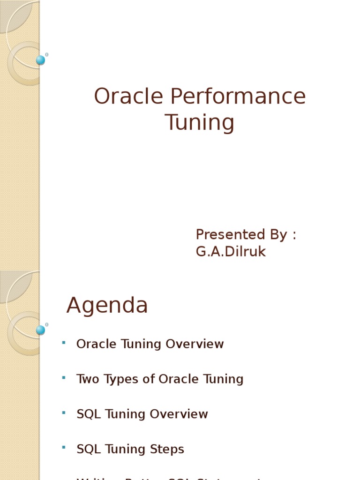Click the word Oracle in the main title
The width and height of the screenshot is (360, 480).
pyautogui.click(x=128, y=97)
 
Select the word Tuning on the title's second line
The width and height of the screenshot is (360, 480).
pyautogui.click(x=200, y=123)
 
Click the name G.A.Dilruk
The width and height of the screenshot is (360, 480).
pyautogui.click(x=231, y=252)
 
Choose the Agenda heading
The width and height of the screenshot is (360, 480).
pyautogui.click(x=107, y=306)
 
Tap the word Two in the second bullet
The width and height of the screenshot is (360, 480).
pyautogui.click(x=86, y=379)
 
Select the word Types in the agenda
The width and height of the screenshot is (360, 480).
pyautogui.click(x=117, y=379)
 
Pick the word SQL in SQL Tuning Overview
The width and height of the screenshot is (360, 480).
pyautogui.click(x=89, y=414)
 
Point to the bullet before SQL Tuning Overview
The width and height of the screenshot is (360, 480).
pyautogui.click(x=63, y=412)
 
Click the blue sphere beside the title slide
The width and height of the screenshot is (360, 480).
pyautogui.click(x=41, y=60)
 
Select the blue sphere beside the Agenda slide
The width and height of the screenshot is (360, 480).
pyautogui.click(x=41, y=330)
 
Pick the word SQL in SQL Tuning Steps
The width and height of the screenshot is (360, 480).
pyautogui.click(x=89, y=449)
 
